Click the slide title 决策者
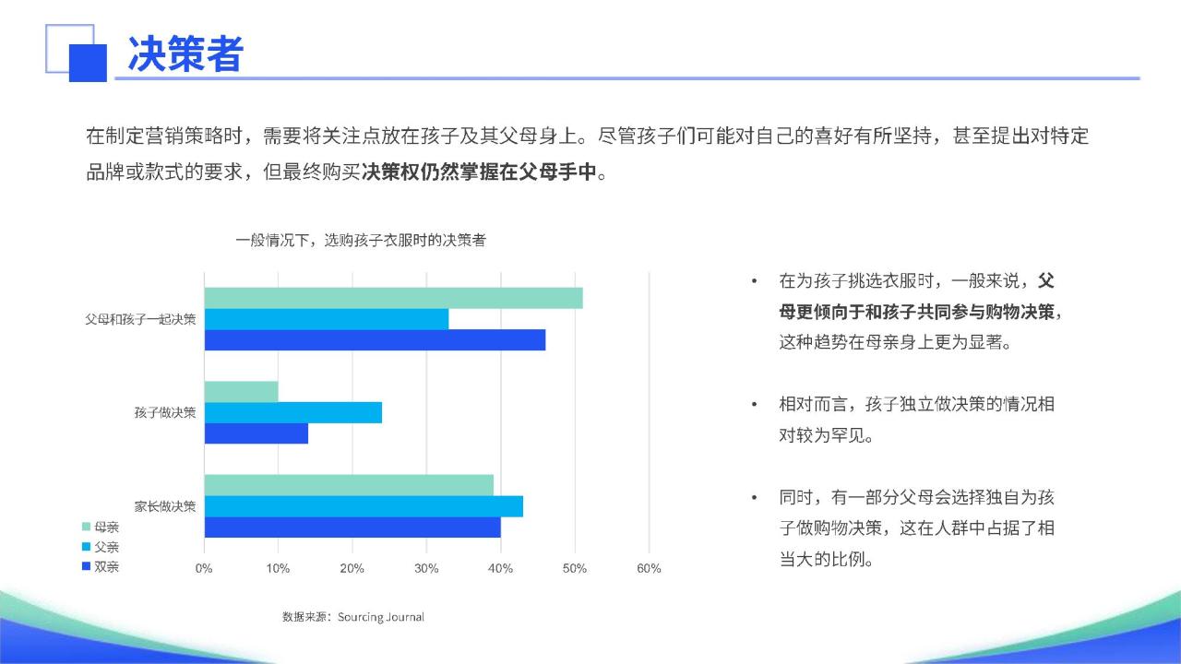coord(185,53)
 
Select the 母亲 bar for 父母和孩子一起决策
coord(393,298)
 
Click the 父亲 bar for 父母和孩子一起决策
coord(327,319)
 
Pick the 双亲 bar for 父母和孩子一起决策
coord(375,340)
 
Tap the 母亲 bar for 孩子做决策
coord(241,392)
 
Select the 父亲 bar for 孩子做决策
coord(293,412)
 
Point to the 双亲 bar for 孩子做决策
coord(256,433)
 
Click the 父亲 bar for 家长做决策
coord(364,506)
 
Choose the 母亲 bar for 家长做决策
coord(349,485)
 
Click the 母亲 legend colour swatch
coord(87,527)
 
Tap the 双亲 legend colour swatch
coord(87,566)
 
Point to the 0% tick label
coord(204,569)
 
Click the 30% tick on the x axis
coord(426,569)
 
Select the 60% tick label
coord(649,569)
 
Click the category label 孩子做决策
coord(165,412)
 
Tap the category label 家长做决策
coord(165,506)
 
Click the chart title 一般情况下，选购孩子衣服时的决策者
coord(361,241)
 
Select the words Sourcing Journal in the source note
coord(381,617)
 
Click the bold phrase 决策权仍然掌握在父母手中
coord(479,172)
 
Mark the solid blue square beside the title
coord(88,64)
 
